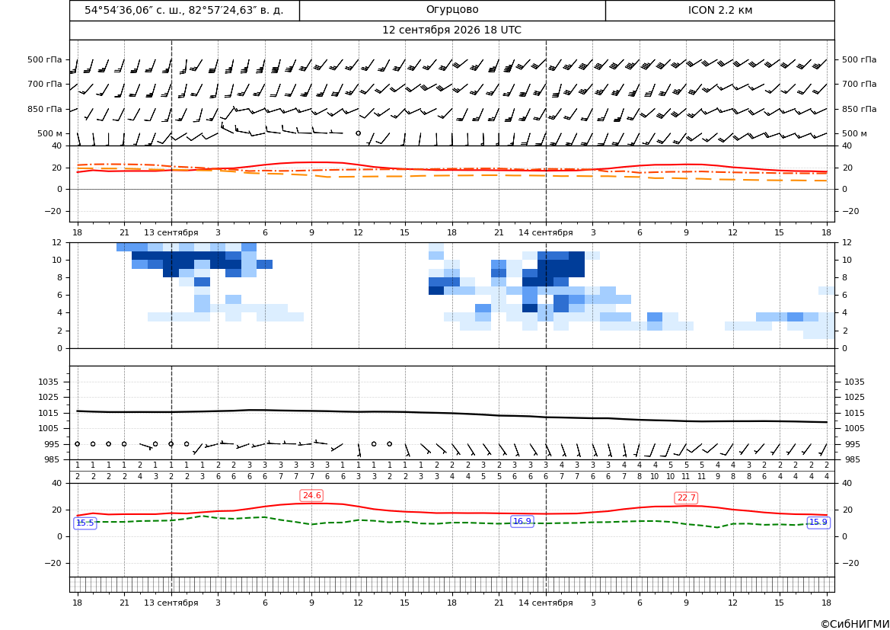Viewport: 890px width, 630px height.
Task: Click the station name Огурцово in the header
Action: click(x=451, y=10)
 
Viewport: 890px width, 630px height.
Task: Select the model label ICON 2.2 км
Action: click(x=719, y=10)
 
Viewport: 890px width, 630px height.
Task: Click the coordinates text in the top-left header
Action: click(x=184, y=10)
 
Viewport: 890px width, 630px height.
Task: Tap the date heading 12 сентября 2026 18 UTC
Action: click(x=451, y=30)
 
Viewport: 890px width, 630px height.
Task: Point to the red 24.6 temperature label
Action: click(x=311, y=495)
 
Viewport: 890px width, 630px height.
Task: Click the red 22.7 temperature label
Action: click(x=686, y=497)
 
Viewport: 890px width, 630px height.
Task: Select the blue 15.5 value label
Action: click(x=85, y=523)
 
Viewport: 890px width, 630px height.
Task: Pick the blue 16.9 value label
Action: click(x=522, y=521)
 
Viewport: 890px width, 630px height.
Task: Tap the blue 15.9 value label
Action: click(x=818, y=522)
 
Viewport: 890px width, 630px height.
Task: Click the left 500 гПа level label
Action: click(x=45, y=59)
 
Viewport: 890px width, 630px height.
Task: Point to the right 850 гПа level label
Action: click(x=859, y=109)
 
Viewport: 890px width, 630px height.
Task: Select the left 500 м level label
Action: click(x=50, y=133)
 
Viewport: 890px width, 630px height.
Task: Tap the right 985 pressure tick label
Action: click(x=852, y=459)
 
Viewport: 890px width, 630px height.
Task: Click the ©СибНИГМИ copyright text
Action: click(x=855, y=625)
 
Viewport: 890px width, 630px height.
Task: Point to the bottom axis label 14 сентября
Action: click(x=545, y=603)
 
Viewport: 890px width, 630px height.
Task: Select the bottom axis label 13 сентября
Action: click(x=171, y=603)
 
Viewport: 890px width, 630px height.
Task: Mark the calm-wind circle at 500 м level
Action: click(x=358, y=133)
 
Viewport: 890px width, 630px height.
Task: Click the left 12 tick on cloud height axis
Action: click(x=57, y=242)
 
